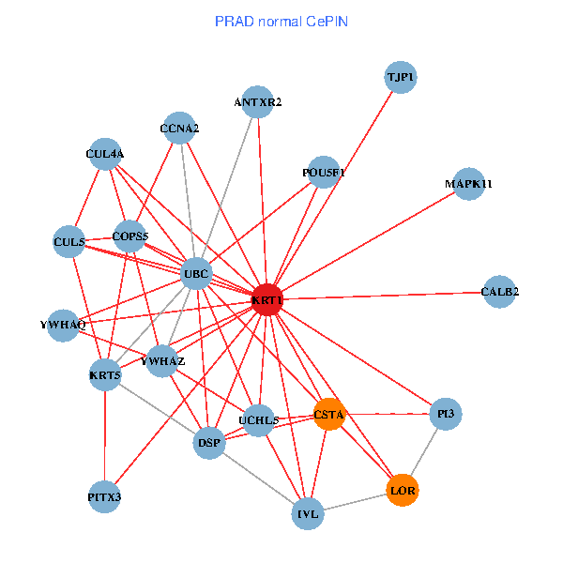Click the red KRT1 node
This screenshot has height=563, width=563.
click(267, 300)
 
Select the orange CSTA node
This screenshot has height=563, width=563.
click(329, 414)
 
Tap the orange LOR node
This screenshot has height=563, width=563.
click(403, 491)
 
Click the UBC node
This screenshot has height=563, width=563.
click(196, 274)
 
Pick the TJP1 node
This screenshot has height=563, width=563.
click(401, 77)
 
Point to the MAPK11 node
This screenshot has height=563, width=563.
click(468, 184)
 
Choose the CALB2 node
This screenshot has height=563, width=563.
click(499, 291)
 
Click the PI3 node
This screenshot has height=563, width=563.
click(446, 413)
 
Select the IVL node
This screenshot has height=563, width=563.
click(308, 513)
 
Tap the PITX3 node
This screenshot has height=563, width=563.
click(105, 496)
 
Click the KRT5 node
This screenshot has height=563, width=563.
click(105, 376)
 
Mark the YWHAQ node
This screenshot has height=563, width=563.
click(63, 325)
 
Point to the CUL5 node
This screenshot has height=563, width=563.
click(69, 242)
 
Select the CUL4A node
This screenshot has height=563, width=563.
click(104, 154)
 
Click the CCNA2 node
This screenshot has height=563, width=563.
click(179, 129)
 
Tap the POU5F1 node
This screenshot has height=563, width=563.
click(323, 173)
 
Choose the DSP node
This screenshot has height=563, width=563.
click(209, 443)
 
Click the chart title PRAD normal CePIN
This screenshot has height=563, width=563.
click(281, 21)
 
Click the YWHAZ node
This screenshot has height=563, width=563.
click(162, 360)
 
